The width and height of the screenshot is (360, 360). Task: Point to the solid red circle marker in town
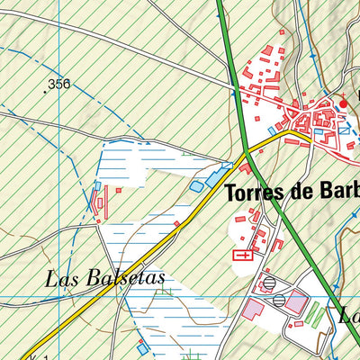pyautogui.click(x=342, y=104)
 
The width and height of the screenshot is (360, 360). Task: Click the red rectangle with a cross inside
pyautogui.click(x=242, y=256)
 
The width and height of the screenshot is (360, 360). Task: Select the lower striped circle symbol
pyautogui.click(x=280, y=299)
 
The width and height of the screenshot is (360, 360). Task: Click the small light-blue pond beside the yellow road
pyautogui.click(x=197, y=186)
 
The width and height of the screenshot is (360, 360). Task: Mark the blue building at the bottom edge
pyautogui.click(x=141, y=348)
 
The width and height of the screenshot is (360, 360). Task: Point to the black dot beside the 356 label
pyautogui.click(x=45, y=91)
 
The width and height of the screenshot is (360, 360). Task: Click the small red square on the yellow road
pyautogui.click(x=177, y=223)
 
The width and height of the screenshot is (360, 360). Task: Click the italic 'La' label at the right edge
pyautogui.click(x=349, y=316)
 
